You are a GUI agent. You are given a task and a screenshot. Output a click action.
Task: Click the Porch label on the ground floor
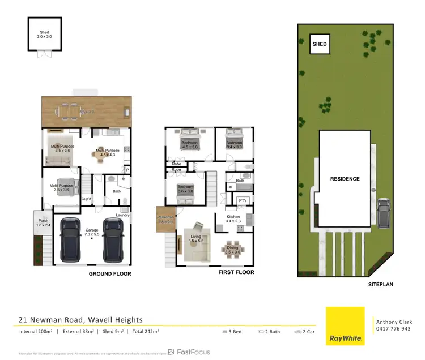[x=43, y=222]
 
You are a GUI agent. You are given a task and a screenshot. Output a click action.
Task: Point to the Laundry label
[x=123, y=215]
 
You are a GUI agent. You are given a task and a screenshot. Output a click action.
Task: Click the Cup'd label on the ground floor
[x=87, y=199]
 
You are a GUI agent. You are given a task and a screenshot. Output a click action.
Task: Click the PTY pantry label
[x=243, y=200]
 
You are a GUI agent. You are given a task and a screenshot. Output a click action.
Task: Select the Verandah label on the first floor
[x=165, y=220]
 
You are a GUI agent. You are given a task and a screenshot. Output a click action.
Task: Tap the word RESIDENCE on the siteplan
[x=345, y=179]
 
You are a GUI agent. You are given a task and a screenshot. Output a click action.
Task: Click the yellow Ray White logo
[x=345, y=326]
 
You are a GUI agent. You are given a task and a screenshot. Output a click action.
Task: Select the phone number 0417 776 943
[x=393, y=329]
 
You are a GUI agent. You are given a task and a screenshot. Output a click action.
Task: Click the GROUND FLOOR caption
[x=110, y=274]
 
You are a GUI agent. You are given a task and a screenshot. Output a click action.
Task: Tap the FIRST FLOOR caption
[x=236, y=272]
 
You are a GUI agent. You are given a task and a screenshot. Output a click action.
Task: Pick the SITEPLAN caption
[x=380, y=285]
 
